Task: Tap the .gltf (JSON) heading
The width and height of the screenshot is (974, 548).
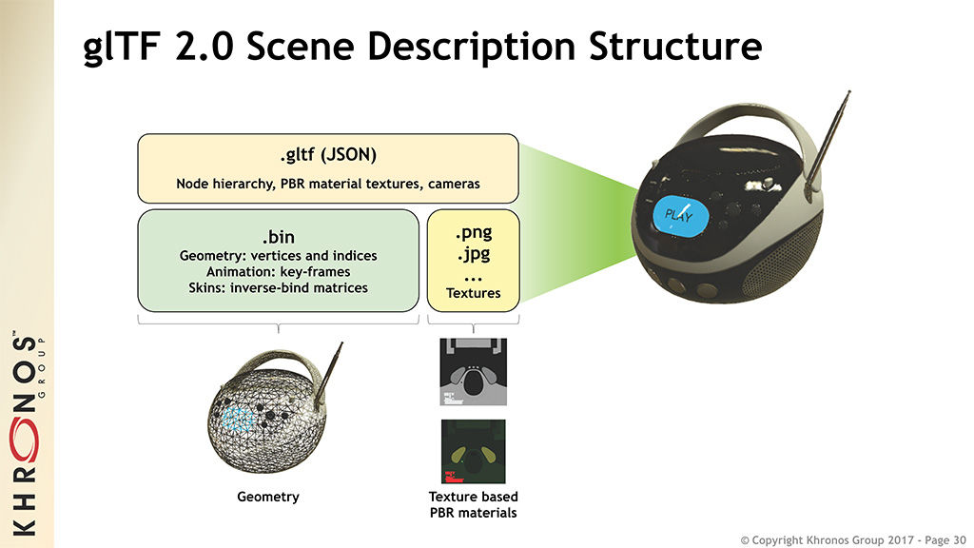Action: tap(327, 154)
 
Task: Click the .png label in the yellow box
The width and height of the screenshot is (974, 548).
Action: tap(474, 232)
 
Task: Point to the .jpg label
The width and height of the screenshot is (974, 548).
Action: tap(474, 255)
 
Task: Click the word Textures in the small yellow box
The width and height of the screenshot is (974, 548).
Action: tap(474, 293)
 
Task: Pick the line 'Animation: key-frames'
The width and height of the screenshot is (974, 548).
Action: tap(278, 271)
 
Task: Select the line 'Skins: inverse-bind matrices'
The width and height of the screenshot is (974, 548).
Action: tap(278, 287)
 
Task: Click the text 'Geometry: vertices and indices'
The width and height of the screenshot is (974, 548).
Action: tap(278, 255)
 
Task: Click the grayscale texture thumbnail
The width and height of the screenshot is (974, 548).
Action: tap(474, 372)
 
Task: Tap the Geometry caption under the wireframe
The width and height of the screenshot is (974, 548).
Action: tap(268, 497)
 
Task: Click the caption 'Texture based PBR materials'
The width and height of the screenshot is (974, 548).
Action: tap(474, 504)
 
